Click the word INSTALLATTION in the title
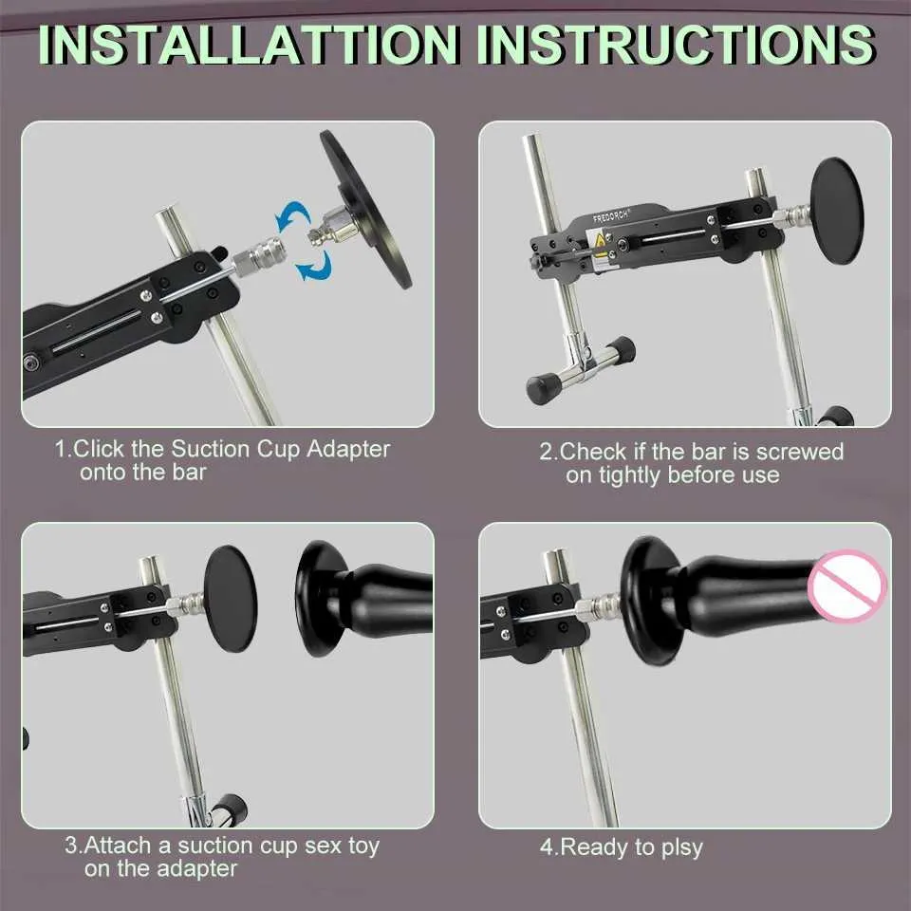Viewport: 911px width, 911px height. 249,45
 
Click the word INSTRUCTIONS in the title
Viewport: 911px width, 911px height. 676,45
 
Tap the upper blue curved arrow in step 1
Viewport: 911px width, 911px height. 293,216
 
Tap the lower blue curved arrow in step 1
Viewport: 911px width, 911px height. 314,266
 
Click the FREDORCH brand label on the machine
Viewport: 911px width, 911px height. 610,216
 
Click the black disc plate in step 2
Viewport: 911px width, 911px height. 837,212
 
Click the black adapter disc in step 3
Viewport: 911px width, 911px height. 231,599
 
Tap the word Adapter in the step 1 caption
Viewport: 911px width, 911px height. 348,449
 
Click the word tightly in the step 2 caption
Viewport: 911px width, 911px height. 630,475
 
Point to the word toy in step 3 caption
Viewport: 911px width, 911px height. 363,846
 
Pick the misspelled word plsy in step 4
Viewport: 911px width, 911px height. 682,847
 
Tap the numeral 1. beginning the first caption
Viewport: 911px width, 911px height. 64,449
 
